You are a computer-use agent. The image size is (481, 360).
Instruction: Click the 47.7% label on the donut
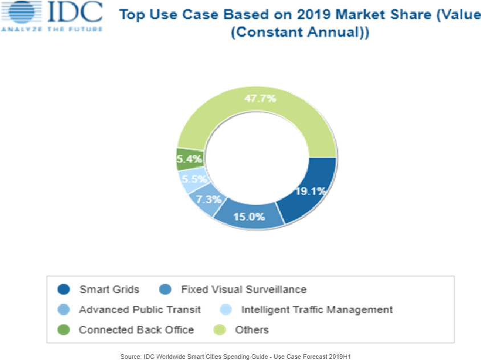point(260,99)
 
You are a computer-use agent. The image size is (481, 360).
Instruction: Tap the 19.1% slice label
point(310,191)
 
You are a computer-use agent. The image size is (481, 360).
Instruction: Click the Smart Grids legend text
point(109,289)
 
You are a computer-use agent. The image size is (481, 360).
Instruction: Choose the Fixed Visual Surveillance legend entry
point(243,289)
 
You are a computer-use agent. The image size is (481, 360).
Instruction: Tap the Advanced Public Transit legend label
point(140,310)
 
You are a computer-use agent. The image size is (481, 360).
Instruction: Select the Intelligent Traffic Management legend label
point(317,310)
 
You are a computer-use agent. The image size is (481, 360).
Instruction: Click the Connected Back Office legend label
point(136,330)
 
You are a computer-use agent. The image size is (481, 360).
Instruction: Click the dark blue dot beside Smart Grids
point(64,289)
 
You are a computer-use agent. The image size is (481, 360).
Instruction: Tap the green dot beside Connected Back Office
point(64,330)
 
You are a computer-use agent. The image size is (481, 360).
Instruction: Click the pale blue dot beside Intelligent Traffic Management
point(226,310)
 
